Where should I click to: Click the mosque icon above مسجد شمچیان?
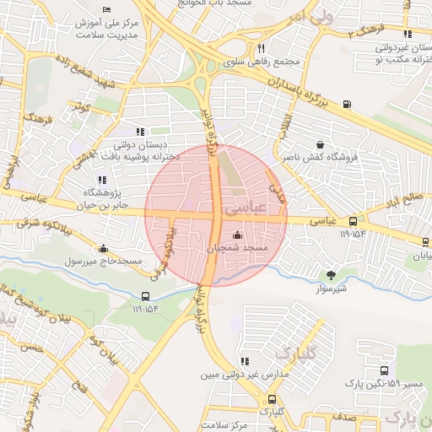[x=237, y=235]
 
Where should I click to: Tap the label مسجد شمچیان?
[x=237, y=249]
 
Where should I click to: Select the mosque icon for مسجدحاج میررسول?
[x=103, y=249]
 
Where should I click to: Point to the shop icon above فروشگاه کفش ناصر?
[x=320, y=144]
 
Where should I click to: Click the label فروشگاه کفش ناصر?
[x=320, y=158]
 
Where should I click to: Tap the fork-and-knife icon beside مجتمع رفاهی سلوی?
[x=262, y=48]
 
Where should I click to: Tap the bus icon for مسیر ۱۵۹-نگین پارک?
[x=384, y=370]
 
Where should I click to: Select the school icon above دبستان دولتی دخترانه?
[x=140, y=131]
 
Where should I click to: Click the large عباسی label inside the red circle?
[x=247, y=206]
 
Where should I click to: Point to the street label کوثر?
[x=80, y=106]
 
